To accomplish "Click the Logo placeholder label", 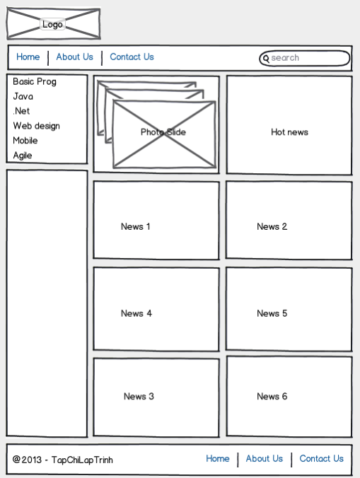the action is [52, 24].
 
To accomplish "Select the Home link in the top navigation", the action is [28, 57].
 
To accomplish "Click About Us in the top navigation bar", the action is [75, 57].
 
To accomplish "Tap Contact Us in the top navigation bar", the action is [132, 57].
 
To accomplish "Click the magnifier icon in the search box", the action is [266, 59].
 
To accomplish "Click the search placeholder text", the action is [285, 57].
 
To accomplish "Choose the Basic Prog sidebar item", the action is [35, 82].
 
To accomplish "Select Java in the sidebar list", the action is [23, 96].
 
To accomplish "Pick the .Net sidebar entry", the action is [21, 111].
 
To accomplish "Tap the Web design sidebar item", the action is [37, 126].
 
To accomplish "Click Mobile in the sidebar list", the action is [25, 141].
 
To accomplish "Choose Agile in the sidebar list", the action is [23, 156].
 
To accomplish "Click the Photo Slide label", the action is [163, 132].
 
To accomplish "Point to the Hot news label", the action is [289, 132].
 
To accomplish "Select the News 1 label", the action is [136, 226].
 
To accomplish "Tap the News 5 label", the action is [272, 313].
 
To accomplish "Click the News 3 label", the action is [139, 396].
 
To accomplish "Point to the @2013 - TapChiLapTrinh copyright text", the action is [63, 460].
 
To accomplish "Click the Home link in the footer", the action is [218, 458].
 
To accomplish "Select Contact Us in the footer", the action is [322, 458].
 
